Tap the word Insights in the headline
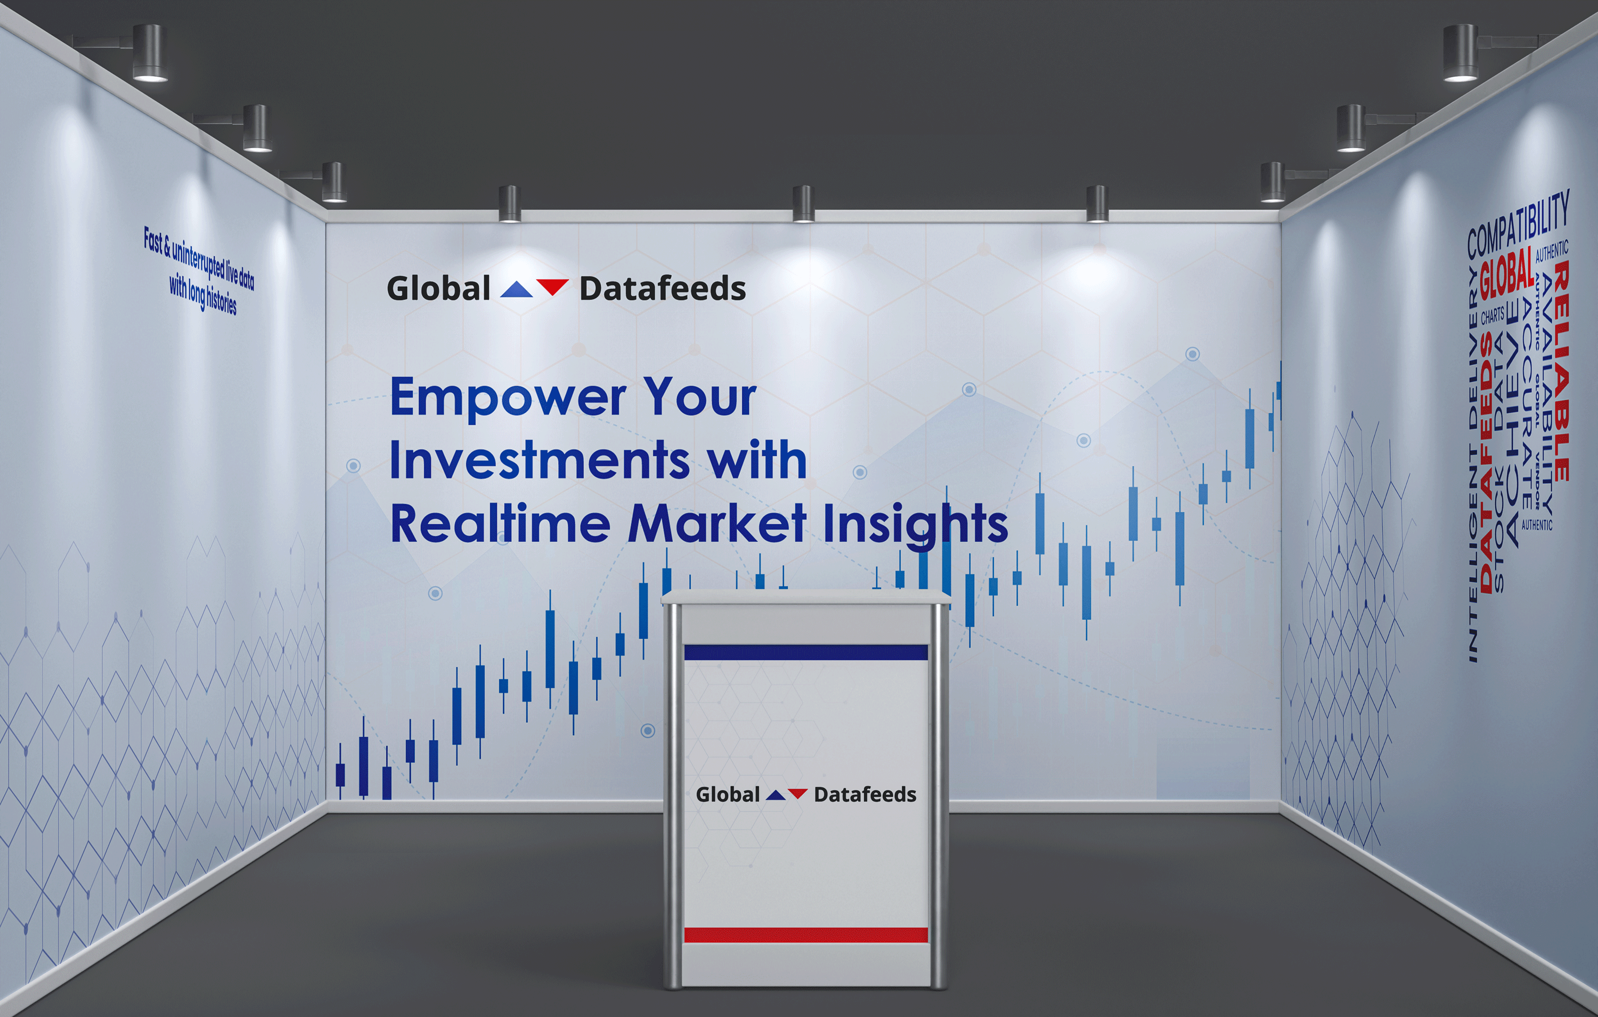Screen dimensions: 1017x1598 pyautogui.click(x=916, y=524)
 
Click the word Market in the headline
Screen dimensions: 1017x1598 pyautogui.click(x=717, y=524)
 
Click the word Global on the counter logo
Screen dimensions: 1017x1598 pyautogui.click(x=727, y=795)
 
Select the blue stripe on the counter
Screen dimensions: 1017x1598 pyautogui.click(x=805, y=653)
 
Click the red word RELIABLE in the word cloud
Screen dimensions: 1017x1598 pyautogui.click(x=1561, y=372)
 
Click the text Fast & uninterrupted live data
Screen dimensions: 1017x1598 pyautogui.click(x=199, y=259)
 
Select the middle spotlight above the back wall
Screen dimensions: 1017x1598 pyautogui.click(x=803, y=205)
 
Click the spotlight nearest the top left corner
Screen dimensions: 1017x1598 pyautogui.click(x=150, y=53)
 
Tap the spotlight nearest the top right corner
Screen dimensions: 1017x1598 pyautogui.click(x=1460, y=53)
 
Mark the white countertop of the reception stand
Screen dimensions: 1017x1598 pyautogui.click(x=805, y=597)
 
